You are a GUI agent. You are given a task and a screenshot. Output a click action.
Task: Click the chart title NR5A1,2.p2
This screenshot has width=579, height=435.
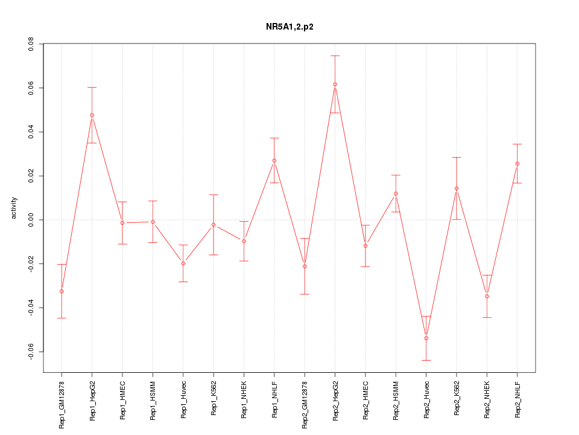click(289, 27)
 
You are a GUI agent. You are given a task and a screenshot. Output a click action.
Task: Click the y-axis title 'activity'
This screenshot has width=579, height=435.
click(14, 208)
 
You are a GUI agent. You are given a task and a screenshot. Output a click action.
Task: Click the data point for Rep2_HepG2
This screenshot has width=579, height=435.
click(335, 85)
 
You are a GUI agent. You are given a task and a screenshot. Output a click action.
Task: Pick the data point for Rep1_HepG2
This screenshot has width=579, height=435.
click(92, 115)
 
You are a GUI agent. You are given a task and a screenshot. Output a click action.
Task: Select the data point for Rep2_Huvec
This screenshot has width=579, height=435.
click(426, 338)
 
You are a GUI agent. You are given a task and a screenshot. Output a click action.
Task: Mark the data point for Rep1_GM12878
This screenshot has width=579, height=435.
click(62, 291)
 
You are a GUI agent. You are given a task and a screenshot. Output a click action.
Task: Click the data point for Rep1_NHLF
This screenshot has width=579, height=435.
click(274, 161)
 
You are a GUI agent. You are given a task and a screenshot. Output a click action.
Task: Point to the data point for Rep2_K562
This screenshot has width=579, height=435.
click(457, 188)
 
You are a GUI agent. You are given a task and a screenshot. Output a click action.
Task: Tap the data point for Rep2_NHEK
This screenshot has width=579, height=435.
click(487, 296)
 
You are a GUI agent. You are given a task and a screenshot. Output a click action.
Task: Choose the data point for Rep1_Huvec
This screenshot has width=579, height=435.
click(183, 263)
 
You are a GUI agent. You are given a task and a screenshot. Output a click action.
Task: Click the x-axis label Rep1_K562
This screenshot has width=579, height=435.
click(214, 400)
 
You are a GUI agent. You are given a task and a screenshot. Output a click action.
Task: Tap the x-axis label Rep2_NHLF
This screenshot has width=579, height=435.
click(517, 401)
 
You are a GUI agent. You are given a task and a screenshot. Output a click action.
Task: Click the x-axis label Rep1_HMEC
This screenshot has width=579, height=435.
click(122, 401)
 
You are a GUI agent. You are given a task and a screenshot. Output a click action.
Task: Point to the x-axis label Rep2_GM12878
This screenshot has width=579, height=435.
click(305, 404)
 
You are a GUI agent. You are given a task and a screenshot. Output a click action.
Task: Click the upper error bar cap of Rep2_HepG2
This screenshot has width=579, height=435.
click(335, 56)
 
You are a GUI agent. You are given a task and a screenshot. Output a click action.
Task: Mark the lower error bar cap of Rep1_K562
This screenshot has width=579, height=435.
click(214, 255)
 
